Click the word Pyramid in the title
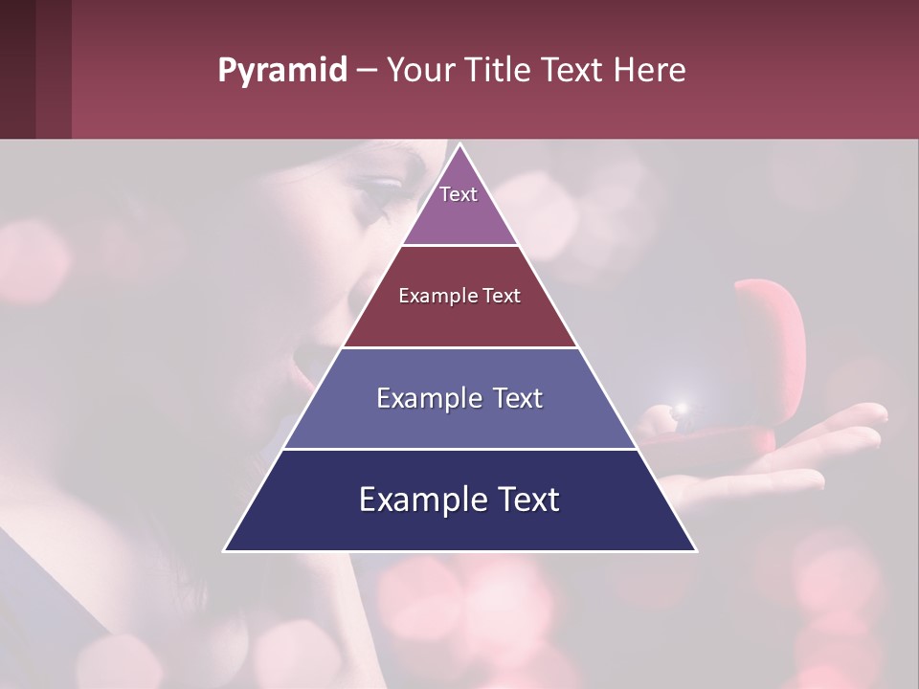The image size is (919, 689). pyautogui.click(x=282, y=71)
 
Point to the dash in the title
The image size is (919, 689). pyautogui.click(x=367, y=71)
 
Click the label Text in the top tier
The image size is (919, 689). pyautogui.click(x=459, y=194)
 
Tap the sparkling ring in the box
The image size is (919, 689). pyautogui.click(x=682, y=410)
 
